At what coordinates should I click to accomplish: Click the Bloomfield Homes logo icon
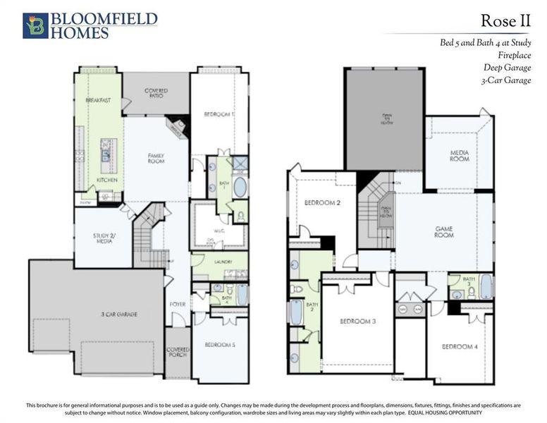coord(35,25)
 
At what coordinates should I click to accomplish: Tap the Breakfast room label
coord(99,101)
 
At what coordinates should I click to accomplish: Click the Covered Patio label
coord(156,94)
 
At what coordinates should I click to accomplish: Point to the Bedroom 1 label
coord(219,114)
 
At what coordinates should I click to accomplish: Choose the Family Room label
coord(156,158)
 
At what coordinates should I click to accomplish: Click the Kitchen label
coord(107,180)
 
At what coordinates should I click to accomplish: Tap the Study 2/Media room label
coord(103,238)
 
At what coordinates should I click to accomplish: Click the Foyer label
coord(178,305)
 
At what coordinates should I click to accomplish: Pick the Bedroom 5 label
coord(220,345)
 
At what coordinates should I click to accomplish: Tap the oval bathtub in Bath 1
coord(240,187)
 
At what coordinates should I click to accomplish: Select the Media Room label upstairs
coord(460,156)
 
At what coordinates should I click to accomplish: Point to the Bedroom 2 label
coord(323,202)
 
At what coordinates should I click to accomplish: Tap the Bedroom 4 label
coord(460,346)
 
